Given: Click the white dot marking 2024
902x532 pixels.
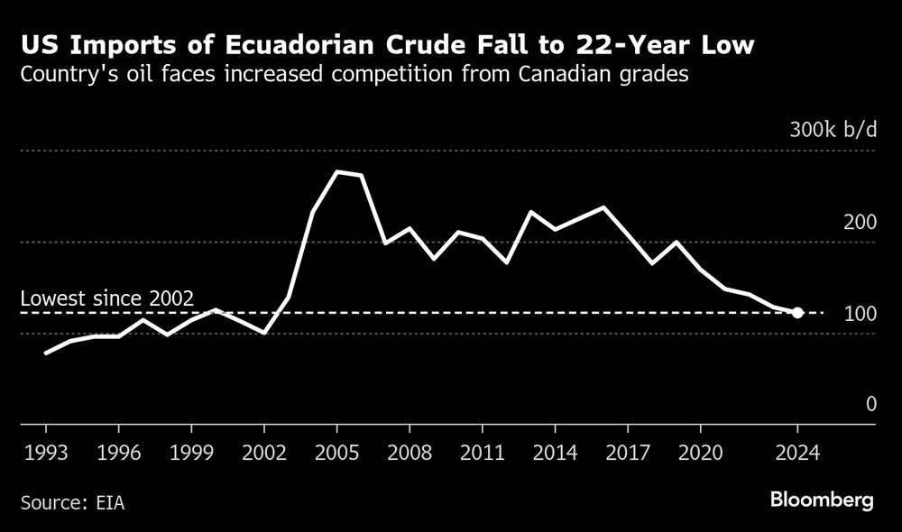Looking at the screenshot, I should pyautogui.click(x=797, y=313).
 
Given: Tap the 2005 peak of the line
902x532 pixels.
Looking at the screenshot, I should pyautogui.click(x=336, y=171).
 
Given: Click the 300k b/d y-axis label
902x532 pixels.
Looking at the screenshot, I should pyautogui.click(x=833, y=130).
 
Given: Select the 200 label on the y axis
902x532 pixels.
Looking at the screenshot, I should pyautogui.click(x=860, y=223).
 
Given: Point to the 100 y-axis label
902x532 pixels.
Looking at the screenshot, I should pyautogui.click(x=860, y=314).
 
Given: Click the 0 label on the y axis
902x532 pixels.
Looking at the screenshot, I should pyautogui.click(x=870, y=404).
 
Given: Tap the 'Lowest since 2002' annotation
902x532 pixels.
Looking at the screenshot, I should pyautogui.click(x=106, y=299).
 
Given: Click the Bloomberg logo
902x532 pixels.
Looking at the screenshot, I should pyautogui.click(x=822, y=500).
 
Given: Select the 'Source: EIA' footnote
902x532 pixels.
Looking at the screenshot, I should pyautogui.click(x=72, y=502).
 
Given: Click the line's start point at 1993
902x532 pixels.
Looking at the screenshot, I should pyautogui.click(x=45, y=353).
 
